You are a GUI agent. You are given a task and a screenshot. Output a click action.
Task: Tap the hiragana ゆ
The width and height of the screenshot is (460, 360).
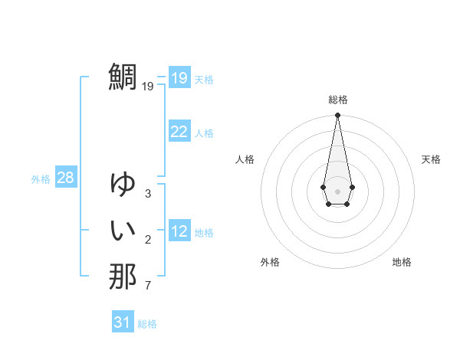(x=123, y=185)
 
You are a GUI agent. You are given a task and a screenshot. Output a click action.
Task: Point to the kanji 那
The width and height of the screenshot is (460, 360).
(x=123, y=277)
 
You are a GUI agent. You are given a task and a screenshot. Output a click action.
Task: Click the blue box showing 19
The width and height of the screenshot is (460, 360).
(x=179, y=78)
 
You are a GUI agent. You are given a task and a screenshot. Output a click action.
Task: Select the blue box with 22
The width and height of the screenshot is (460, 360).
(x=179, y=132)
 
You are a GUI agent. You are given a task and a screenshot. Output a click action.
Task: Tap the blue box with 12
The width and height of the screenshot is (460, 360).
(x=179, y=231)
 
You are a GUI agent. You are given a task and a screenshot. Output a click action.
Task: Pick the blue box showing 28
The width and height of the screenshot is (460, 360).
(x=66, y=178)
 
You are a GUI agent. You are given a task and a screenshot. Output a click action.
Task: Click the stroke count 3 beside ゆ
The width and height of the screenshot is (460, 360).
(x=147, y=194)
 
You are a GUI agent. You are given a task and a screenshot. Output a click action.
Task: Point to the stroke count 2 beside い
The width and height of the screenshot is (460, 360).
(x=147, y=241)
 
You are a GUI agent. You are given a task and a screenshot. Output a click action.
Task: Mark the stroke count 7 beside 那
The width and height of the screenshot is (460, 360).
(x=147, y=286)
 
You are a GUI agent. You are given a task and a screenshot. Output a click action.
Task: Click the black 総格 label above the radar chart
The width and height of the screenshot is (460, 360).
(x=338, y=100)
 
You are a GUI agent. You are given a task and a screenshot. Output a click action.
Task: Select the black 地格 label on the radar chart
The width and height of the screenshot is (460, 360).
(x=402, y=262)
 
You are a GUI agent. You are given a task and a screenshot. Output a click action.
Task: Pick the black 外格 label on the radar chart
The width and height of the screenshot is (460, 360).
(x=270, y=262)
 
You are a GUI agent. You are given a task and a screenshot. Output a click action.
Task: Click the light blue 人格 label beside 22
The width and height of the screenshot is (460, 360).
(x=204, y=133)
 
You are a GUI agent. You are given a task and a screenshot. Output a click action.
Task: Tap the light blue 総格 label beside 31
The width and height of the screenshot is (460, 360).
(x=147, y=324)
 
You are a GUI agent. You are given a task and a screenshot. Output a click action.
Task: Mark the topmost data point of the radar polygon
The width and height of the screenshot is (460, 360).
(x=337, y=116)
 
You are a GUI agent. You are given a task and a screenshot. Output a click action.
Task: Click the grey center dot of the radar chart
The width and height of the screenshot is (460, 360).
(x=337, y=190)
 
